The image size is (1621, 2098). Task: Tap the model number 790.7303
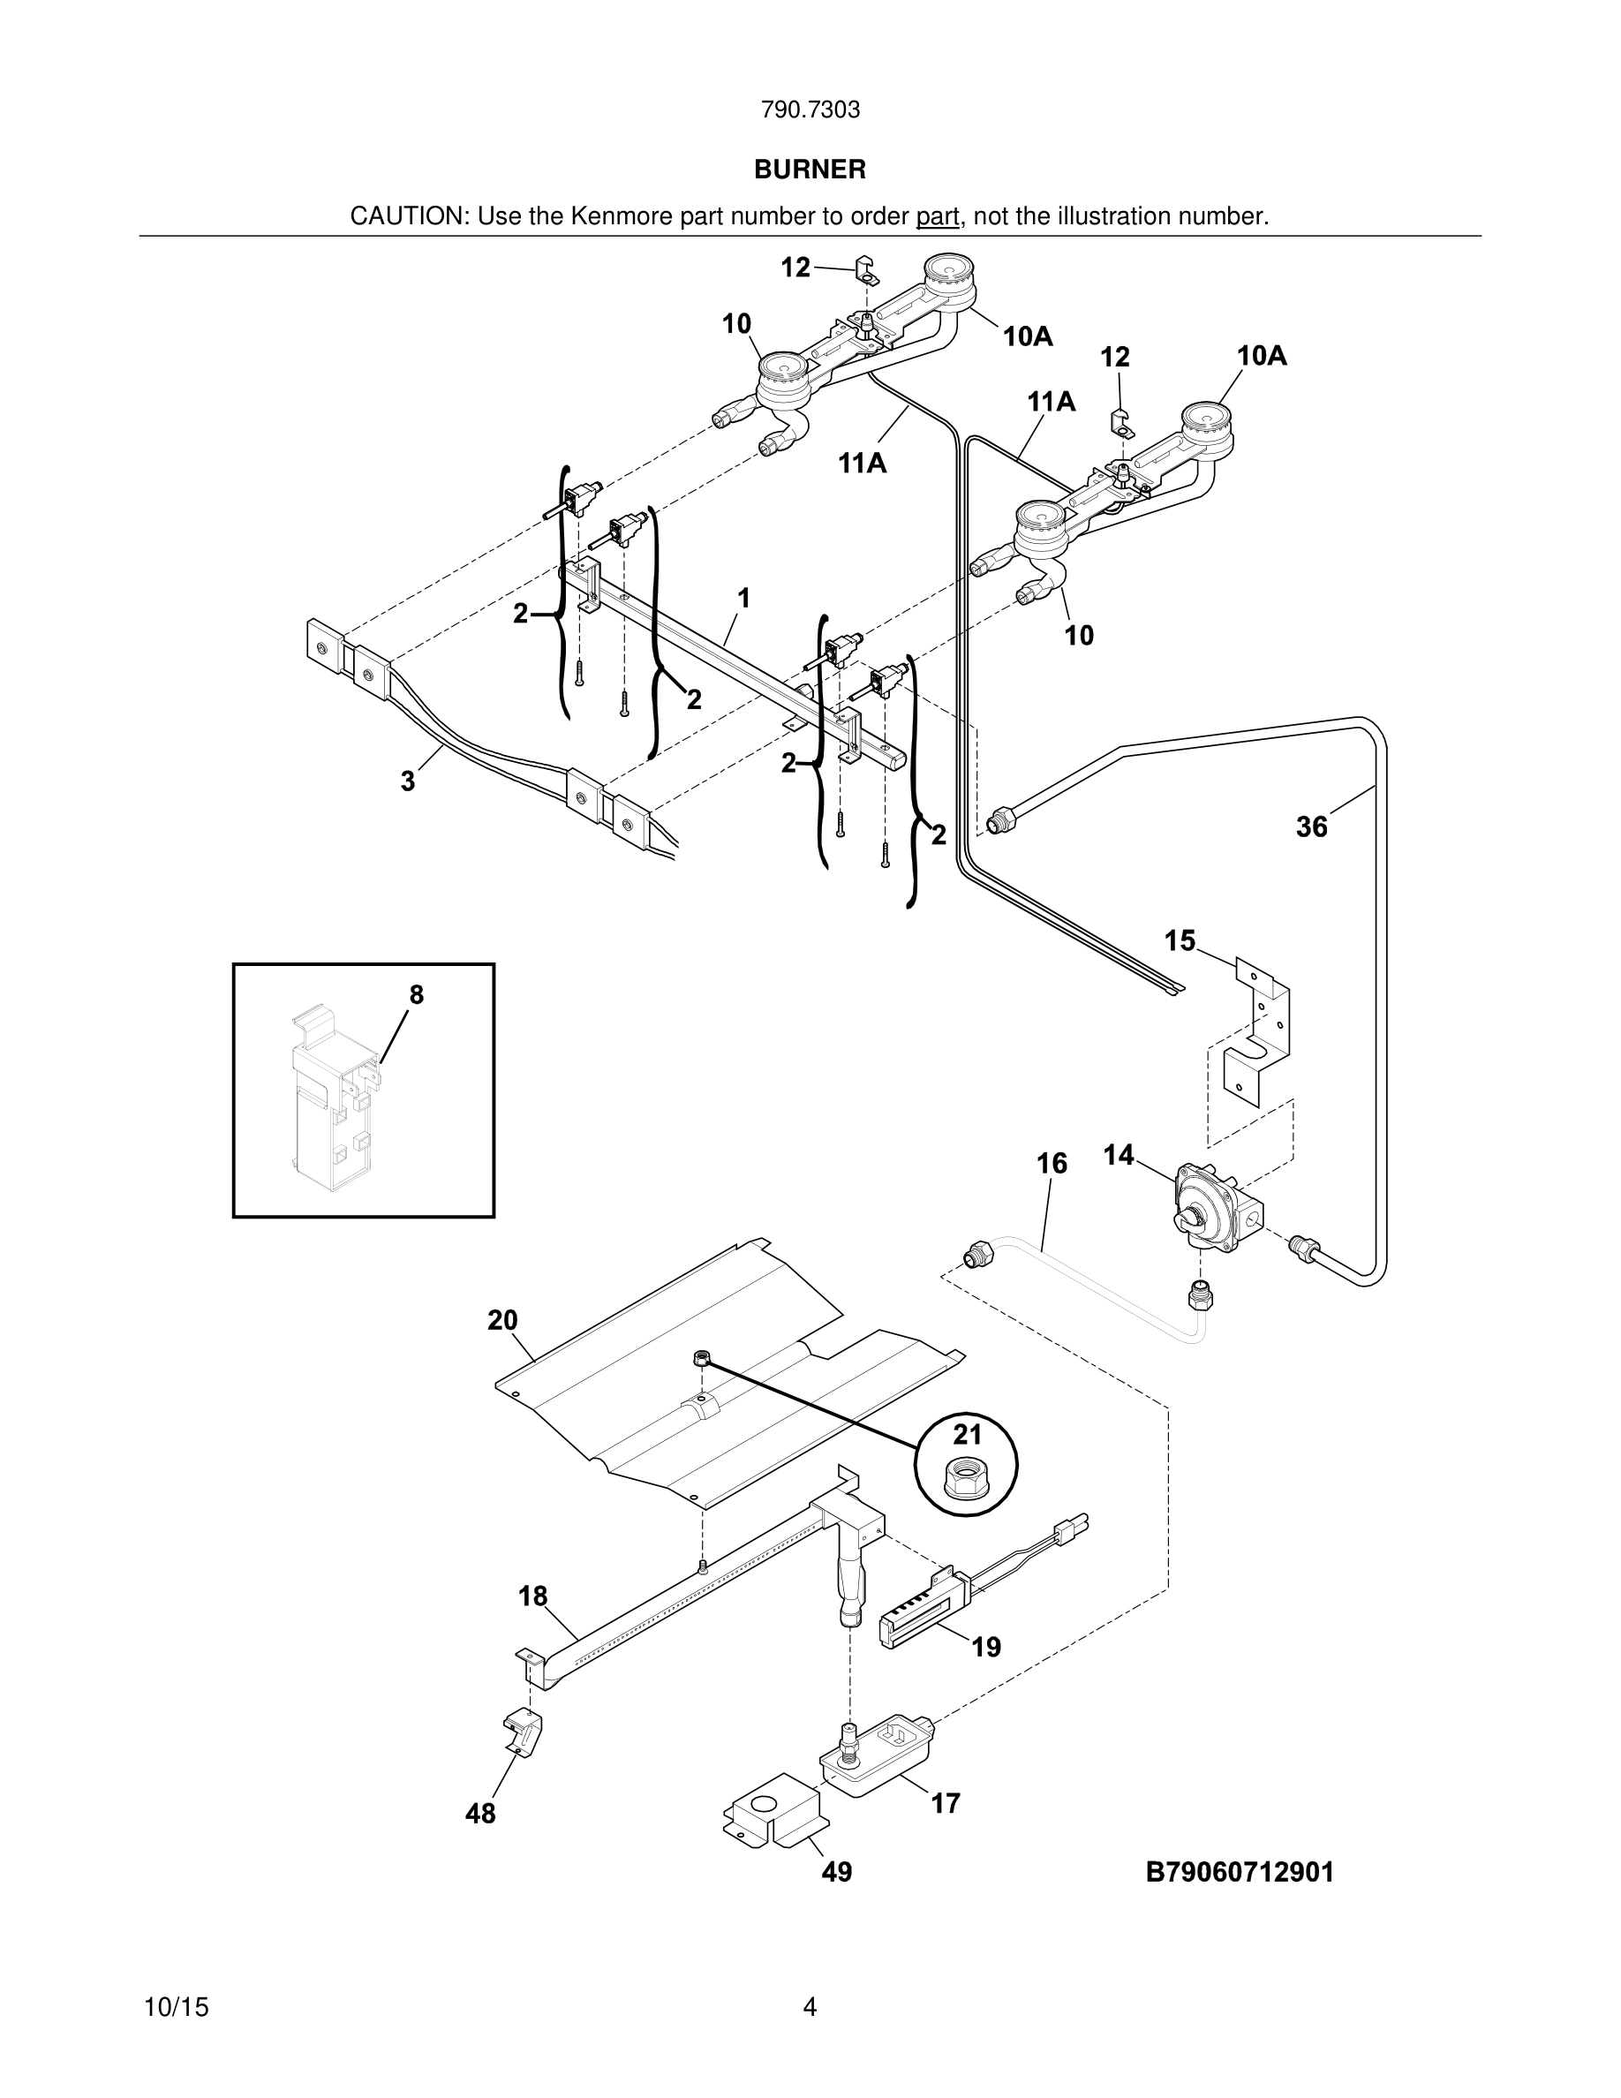810,110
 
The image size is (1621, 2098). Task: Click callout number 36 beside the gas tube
1311,826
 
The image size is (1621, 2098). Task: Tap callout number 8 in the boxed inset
416,995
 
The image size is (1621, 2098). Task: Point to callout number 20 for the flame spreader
502,1321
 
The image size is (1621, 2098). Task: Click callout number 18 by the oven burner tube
533,1596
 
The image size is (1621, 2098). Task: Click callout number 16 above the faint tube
1052,1165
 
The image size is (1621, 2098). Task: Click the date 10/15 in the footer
176,2007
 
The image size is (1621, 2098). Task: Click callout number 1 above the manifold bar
743,599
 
